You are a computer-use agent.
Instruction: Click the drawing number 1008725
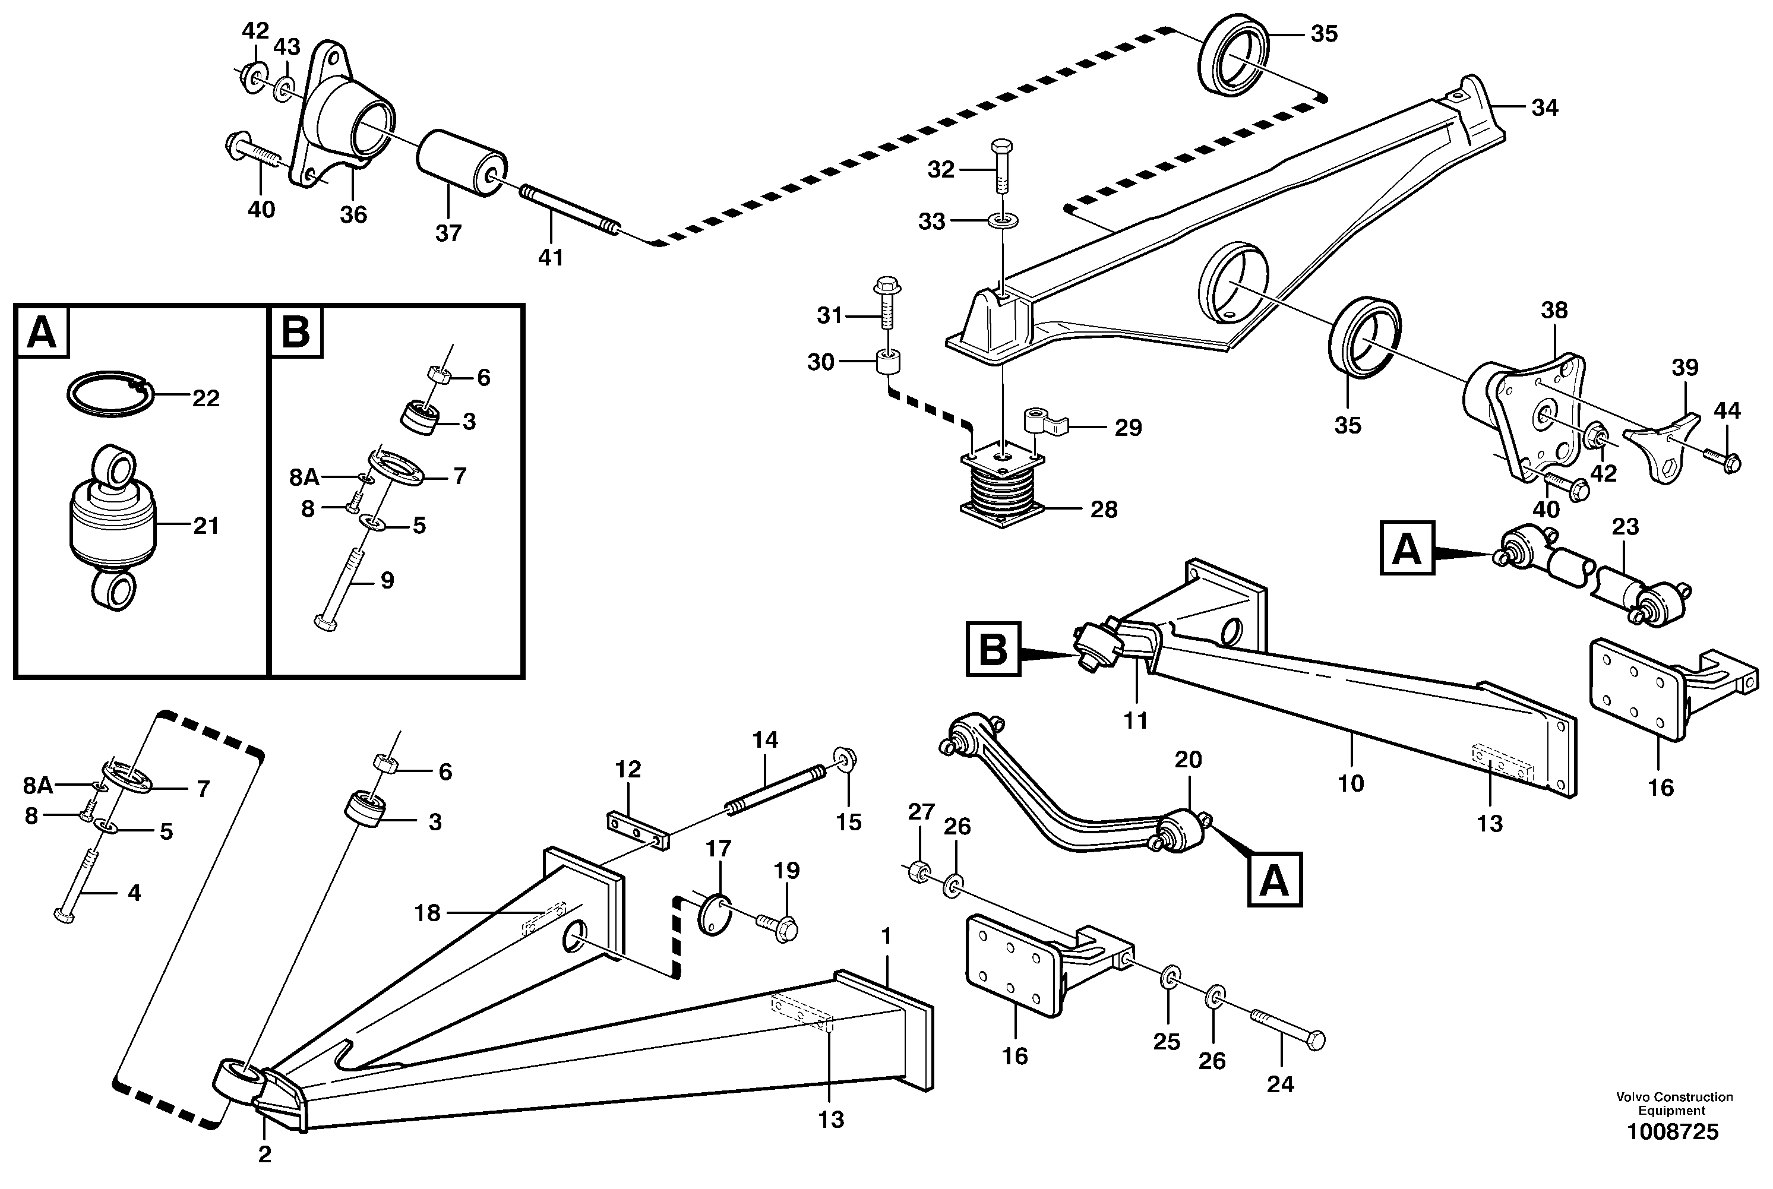pos(1672,1153)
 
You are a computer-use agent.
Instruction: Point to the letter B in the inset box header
pos(295,332)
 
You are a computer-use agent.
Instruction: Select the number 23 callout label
pos(1625,526)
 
